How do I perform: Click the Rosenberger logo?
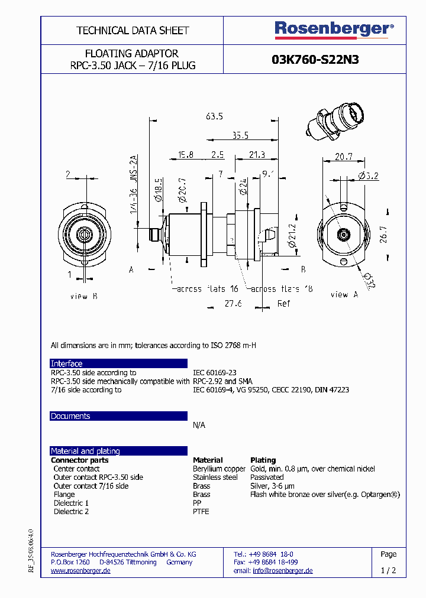point(333,28)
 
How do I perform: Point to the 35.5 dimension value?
point(240,135)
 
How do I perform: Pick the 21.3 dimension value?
point(256,155)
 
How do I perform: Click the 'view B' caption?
point(79,296)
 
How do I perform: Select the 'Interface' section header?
point(67,363)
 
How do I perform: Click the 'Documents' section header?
point(70,416)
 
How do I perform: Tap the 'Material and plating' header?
point(85,451)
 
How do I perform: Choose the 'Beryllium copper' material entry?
point(219,469)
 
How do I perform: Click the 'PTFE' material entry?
point(201,512)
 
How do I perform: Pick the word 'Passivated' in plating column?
point(267,477)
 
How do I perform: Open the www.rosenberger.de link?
point(80,571)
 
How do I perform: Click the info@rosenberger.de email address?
point(282,571)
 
